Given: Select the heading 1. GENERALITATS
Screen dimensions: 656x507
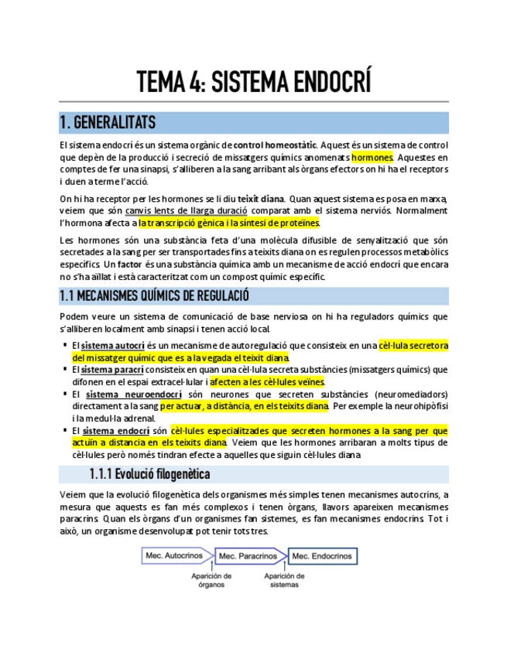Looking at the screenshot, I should [x=107, y=123].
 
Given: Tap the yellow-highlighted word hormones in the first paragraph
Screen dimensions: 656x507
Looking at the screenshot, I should [x=372, y=156].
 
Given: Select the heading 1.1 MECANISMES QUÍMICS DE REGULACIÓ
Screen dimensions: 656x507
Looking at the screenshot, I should [x=154, y=296].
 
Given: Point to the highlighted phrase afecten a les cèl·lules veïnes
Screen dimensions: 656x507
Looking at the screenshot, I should [x=267, y=381].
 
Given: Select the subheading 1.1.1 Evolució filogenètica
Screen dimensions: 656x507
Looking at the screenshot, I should [x=149, y=474].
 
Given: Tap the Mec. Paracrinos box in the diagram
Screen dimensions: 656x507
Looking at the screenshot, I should [x=248, y=555].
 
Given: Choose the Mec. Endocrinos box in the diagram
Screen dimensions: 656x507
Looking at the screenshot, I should [x=322, y=555].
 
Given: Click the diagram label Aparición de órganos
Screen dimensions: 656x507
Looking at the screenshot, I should [x=211, y=579].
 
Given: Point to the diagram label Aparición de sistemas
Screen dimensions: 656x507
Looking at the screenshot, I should [x=284, y=579].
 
